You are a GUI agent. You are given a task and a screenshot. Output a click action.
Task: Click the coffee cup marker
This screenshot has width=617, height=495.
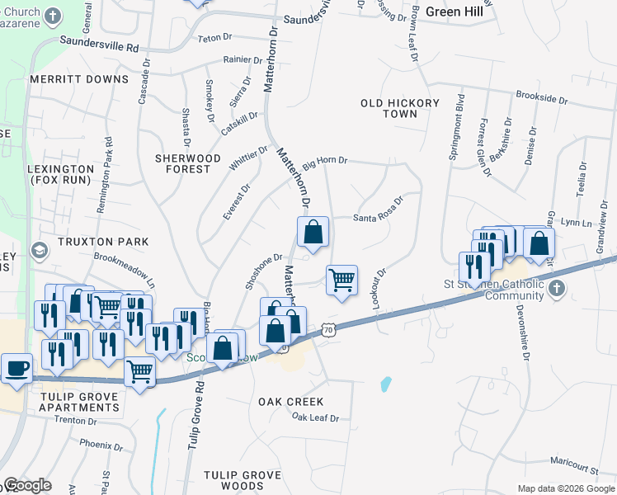16,367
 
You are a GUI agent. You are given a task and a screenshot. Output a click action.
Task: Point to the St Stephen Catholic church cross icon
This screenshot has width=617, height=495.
558,289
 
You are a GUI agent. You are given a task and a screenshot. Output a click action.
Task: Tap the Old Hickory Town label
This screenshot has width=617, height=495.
389,108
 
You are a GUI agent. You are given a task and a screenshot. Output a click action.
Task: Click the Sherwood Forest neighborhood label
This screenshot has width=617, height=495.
188,163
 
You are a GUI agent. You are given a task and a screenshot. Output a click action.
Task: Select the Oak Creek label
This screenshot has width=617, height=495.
285,402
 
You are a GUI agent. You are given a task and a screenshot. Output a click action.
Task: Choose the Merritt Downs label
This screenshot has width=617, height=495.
79,79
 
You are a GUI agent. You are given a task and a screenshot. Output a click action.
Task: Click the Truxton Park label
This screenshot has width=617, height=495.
102,242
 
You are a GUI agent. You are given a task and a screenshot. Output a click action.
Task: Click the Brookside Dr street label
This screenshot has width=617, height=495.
542,98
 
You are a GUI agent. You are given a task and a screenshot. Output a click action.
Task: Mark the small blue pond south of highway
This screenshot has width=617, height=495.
385,384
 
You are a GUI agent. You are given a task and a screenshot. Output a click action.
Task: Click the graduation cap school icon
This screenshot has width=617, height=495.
39,249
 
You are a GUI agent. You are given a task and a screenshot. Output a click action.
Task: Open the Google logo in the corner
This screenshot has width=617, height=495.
27,485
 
